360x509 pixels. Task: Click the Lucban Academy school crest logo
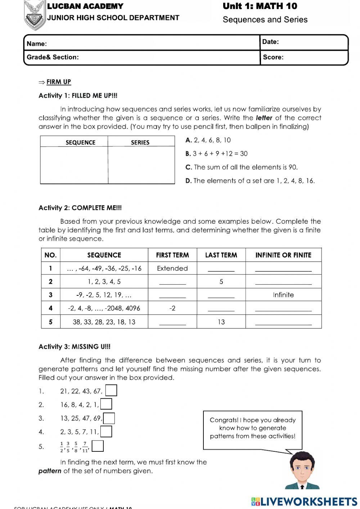pos(35,14)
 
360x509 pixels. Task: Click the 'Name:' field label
pos(37,44)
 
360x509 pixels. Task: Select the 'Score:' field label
pos(273,57)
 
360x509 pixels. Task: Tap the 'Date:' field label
pos(270,42)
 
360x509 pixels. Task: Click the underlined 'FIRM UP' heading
pos(59,82)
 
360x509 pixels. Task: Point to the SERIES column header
pos(140,142)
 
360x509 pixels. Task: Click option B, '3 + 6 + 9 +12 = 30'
pos(216,153)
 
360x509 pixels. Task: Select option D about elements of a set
pos(250,181)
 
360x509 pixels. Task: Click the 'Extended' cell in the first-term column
pos(172,268)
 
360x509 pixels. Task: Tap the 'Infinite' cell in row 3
pos(283,295)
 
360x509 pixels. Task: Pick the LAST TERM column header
pos(221,255)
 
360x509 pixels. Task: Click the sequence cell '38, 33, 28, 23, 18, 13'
pos(104,322)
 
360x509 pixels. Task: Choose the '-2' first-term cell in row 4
pos(172,308)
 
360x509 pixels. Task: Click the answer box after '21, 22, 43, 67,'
pos(111,390)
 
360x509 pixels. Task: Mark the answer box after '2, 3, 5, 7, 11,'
pos(106,432)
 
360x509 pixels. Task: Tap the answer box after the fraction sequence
pos(98,446)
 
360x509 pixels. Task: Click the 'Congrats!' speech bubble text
pos(252,428)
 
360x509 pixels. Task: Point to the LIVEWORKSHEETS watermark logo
pos(304,501)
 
